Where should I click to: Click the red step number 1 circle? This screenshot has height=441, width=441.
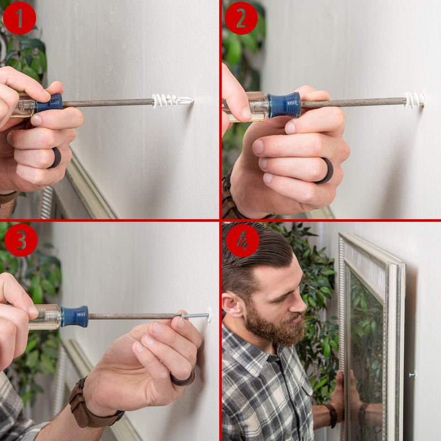coord(19,18)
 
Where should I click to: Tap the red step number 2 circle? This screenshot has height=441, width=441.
coord(241,18)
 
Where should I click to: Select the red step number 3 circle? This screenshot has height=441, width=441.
coord(21,240)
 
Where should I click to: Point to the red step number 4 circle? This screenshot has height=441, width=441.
coord(243,240)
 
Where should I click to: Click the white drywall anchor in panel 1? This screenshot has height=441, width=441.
coord(173,101)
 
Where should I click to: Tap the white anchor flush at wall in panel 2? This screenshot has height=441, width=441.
coord(415,100)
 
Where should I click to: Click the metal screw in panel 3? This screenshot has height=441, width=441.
coord(194,315)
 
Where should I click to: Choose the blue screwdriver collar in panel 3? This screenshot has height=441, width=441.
coord(74,316)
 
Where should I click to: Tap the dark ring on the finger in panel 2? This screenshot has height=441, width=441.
coord(326,171)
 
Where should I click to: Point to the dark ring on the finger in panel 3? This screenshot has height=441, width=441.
coord(183,379)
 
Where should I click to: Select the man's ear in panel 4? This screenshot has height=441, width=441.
coord(232,305)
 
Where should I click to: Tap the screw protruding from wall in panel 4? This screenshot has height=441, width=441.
coord(412,374)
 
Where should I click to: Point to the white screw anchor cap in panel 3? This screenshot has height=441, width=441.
coord(209,315)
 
